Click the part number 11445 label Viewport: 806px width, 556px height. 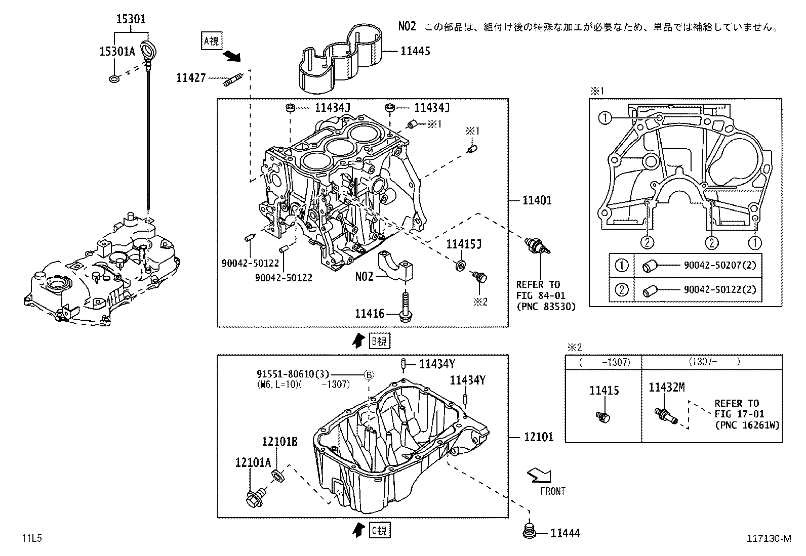click(x=415, y=51)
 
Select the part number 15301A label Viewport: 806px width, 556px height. click(x=117, y=51)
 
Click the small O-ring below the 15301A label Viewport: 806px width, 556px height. click(x=114, y=78)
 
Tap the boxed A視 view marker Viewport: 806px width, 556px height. click(x=211, y=41)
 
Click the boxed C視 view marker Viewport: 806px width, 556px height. click(x=379, y=531)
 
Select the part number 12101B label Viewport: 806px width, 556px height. click(x=279, y=442)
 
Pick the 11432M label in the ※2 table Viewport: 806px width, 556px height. click(x=667, y=388)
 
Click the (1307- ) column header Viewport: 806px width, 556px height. click(x=714, y=362)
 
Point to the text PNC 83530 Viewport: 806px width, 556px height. click(x=546, y=306)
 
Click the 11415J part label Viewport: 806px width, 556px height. click(x=463, y=245)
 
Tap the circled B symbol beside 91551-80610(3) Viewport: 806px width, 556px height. click(x=369, y=375)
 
